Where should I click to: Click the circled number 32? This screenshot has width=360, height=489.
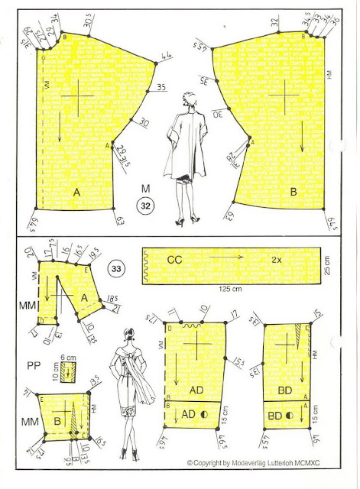click(145, 204)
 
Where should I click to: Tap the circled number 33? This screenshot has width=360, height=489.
click(118, 268)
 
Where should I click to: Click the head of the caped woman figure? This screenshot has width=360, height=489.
click(186, 99)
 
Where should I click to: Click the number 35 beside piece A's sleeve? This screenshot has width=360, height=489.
click(161, 88)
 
